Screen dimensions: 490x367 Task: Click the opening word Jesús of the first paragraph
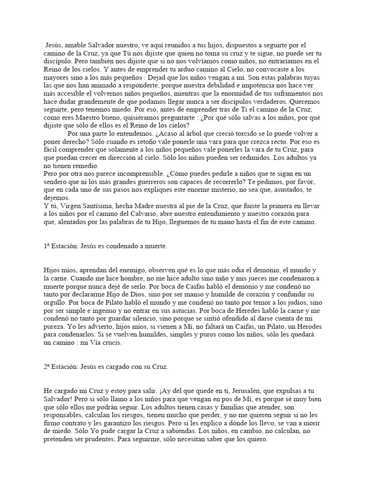pos(54,45)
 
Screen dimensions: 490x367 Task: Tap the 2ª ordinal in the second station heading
pos(47,367)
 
